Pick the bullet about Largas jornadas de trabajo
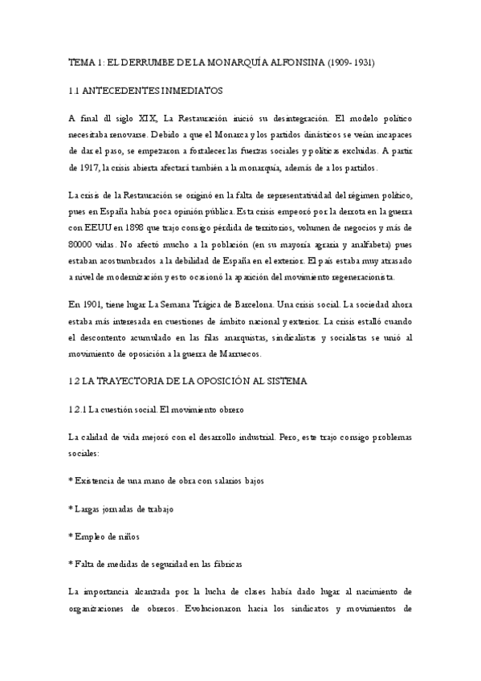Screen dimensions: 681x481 [122, 510]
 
